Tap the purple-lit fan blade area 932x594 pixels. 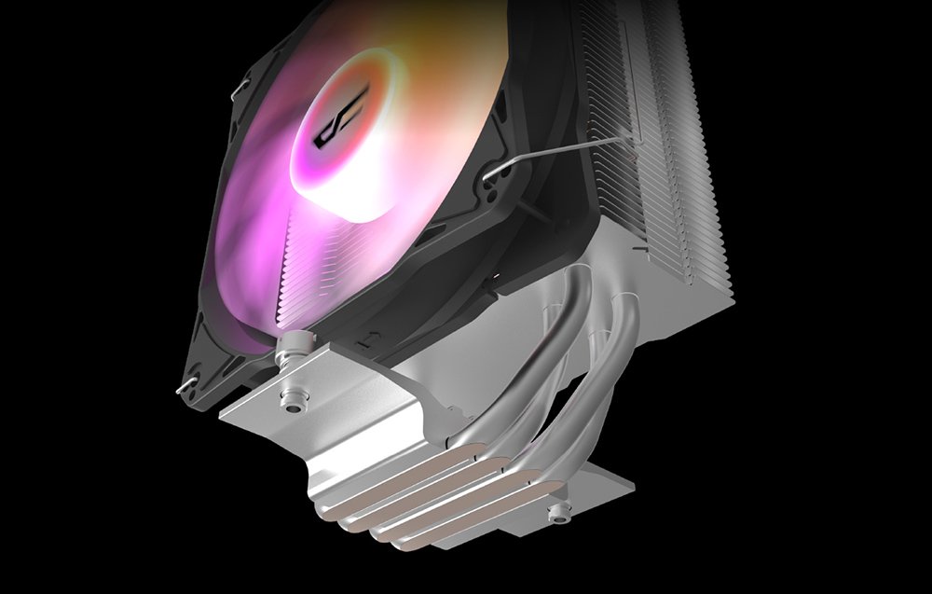[252, 252]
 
